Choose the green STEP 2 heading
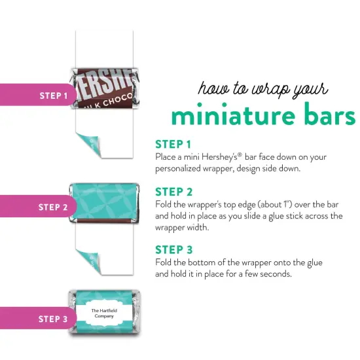click(173, 192)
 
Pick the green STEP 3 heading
click(173, 249)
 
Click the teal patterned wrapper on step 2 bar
click(105, 200)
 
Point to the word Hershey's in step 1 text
click(232, 157)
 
